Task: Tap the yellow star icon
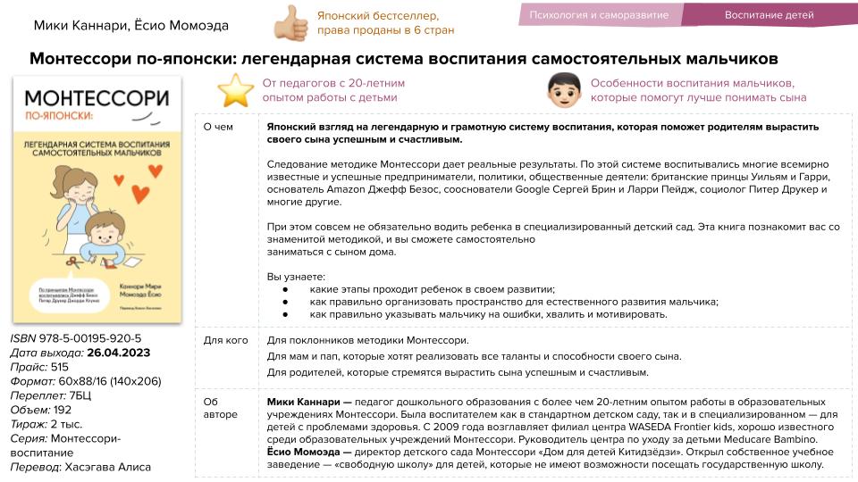pos(236,90)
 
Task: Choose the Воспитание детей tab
pos(769,15)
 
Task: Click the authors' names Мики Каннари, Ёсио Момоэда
pos(130,26)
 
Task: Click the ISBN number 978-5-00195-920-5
pos(90,339)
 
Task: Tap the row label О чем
pos(219,127)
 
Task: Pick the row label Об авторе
pos(220,408)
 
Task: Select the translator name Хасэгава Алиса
pos(108,467)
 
